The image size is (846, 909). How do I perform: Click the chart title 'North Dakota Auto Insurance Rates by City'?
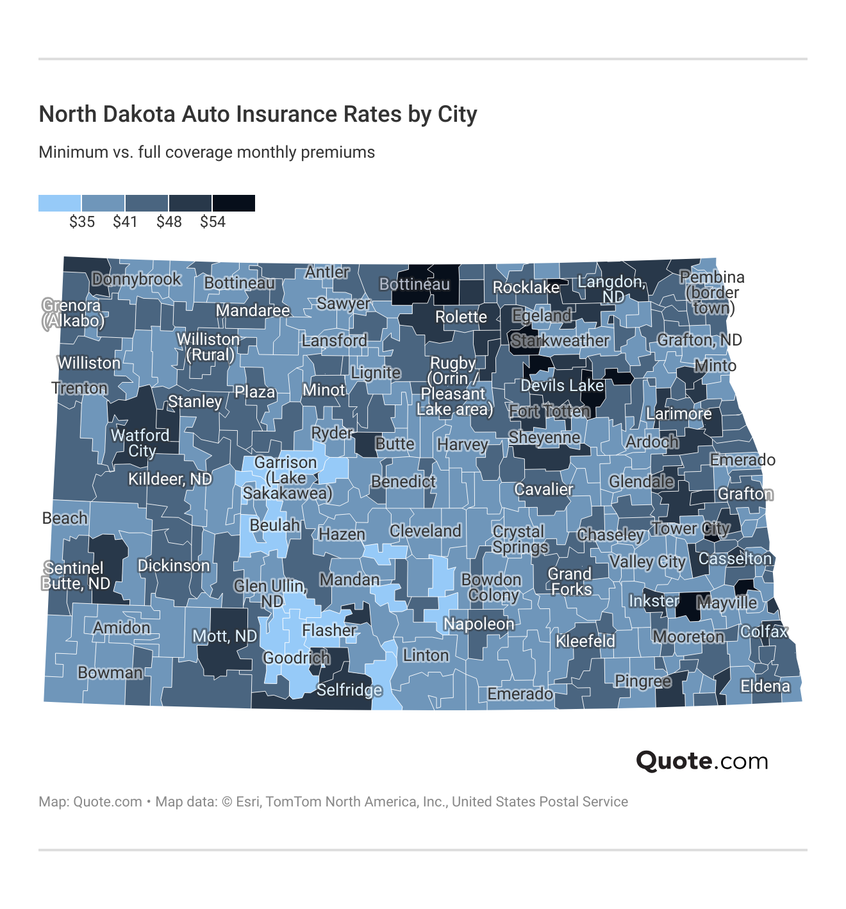[x=258, y=114]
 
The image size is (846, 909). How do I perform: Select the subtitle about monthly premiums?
[x=206, y=153]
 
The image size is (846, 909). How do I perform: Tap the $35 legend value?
[x=82, y=222]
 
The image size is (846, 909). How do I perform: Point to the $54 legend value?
[x=213, y=222]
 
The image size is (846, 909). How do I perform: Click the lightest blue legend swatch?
[x=60, y=203]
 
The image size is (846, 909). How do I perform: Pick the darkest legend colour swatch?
[x=234, y=203]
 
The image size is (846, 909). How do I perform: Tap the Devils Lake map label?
[x=562, y=386]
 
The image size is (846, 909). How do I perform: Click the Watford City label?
[x=140, y=443]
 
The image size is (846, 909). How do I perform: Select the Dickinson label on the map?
[x=174, y=565]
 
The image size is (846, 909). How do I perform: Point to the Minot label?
[x=324, y=390]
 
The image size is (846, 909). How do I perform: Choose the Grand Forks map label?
[x=569, y=581]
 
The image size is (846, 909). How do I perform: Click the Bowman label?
[x=110, y=672]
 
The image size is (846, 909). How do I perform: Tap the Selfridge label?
[x=349, y=690]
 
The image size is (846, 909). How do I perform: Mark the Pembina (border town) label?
[x=711, y=292]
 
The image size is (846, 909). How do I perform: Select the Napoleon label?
[x=479, y=624]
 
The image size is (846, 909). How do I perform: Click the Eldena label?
[x=765, y=687]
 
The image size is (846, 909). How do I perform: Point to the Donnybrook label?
[x=137, y=279]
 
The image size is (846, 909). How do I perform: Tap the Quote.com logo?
[x=702, y=761]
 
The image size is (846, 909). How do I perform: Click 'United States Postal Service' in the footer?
[x=540, y=802]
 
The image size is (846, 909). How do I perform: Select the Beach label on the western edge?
[x=65, y=518]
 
